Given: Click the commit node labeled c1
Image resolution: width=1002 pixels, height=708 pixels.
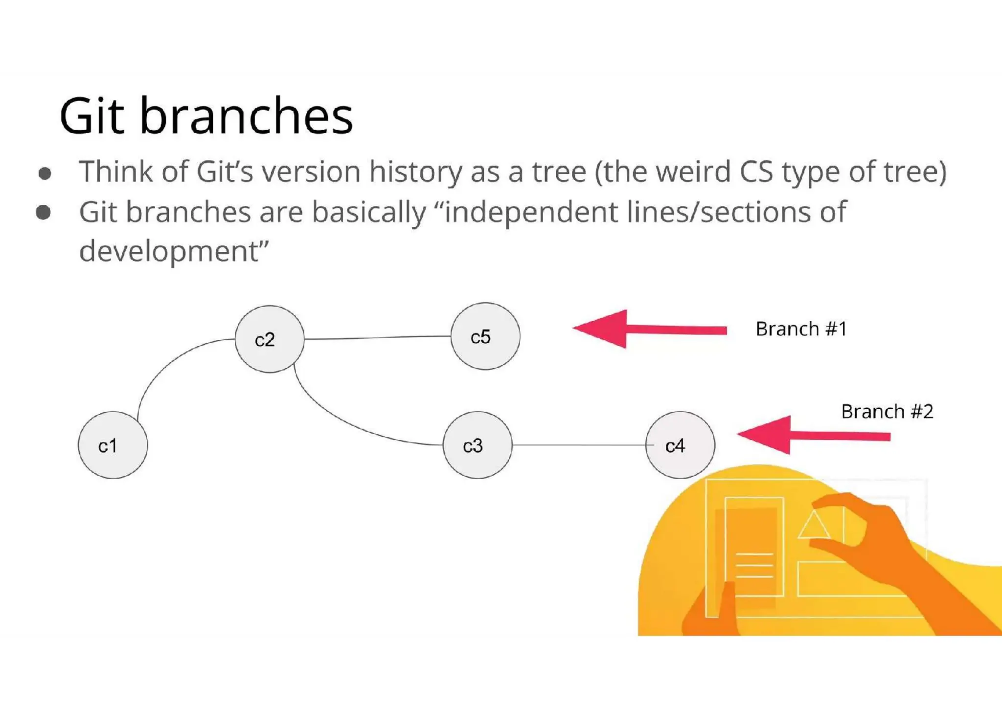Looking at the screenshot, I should [x=113, y=445].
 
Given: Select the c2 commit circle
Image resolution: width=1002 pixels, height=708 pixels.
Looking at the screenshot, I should [x=269, y=339].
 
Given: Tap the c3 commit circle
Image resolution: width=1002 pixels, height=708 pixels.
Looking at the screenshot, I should [x=477, y=445].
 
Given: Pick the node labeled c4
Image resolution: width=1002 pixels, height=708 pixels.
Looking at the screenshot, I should [x=680, y=445].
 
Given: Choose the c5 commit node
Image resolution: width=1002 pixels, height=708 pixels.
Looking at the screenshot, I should [x=485, y=336].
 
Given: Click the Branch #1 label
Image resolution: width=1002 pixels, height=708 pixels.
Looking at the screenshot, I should [x=801, y=329].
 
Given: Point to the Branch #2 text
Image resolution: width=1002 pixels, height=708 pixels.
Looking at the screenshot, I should [x=887, y=412].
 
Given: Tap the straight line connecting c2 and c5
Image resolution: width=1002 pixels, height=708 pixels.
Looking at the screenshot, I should [x=377, y=337].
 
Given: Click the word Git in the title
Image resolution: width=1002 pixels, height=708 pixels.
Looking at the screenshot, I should [x=91, y=116].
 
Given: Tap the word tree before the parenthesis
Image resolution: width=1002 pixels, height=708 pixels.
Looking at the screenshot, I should [x=559, y=172].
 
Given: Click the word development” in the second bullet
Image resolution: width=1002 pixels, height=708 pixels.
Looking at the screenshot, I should [x=174, y=251].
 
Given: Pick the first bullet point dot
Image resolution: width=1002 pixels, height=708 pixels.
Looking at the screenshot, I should [x=45, y=174].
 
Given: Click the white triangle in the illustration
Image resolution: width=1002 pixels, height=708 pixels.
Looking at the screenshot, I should [x=814, y=526].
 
